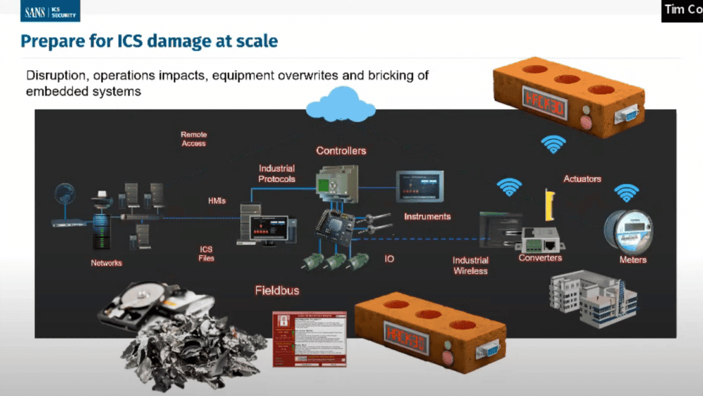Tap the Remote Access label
[x=194, y=139]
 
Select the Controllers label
[x=341, y=150]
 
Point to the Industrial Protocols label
[x=277, y=174]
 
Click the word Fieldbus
[x=277, y=290]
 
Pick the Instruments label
[x=427, y=216]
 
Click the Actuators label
[x=582, y=179]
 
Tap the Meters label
[x=633, y=260]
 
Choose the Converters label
[x=540, y=258]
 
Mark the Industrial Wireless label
[x=470, y=265]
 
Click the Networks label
[x=106, y=263]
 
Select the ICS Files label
[x=207, y=253]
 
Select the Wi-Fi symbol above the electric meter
[x=626, y=194]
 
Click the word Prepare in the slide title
[x=50, y=41]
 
